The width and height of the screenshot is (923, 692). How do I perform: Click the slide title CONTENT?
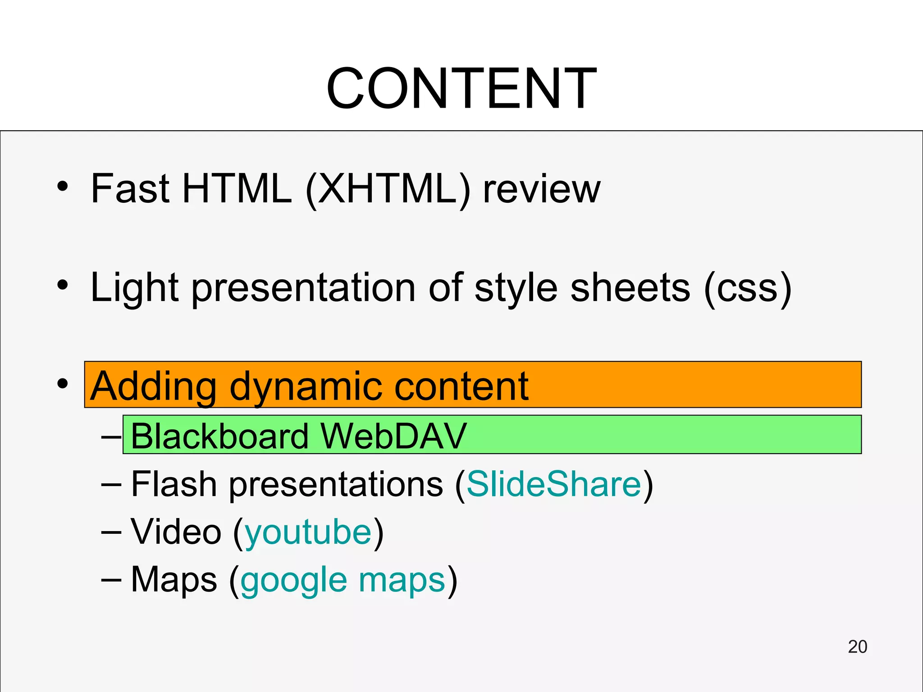click(461, 88)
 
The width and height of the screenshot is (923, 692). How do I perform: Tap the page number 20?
click(857, 646)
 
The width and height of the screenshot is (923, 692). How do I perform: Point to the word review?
click(541, 189)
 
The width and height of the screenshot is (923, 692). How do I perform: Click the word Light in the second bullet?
click(134, 288)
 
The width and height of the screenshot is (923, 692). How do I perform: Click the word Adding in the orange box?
click(153, 387)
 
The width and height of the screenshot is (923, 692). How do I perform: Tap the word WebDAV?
click(393, 436)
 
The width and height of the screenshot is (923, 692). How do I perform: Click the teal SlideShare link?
click(554, 484)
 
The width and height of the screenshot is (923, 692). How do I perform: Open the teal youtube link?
click(308, 532)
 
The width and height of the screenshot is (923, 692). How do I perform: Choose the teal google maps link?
click(343, 580)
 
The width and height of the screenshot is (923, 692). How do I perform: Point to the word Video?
click(176, 532)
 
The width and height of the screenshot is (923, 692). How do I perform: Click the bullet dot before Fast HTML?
click(63, 187)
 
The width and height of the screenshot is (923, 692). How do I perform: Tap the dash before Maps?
click(111, 580)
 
